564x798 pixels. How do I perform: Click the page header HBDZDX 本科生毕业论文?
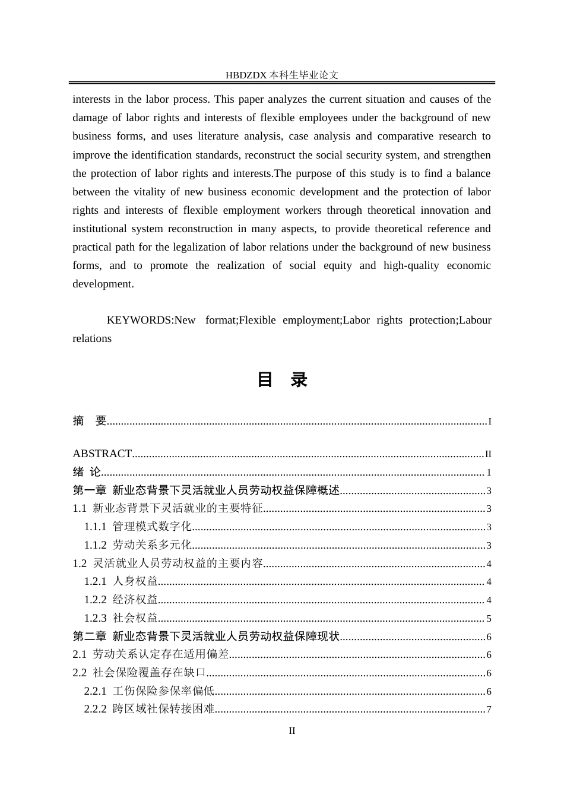(x=282, y=75)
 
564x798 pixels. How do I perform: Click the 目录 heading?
(x=282, y=380)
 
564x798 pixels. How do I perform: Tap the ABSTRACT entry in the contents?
(x=102, y=454)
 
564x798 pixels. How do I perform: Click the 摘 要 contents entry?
(x=90, y=421)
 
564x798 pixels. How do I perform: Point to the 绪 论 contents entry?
(x=87, y=472)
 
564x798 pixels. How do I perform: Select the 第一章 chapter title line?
(x=206, y=490)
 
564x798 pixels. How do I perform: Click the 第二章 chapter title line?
(x=206, y=636)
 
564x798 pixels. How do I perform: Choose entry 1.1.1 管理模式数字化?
(x=138, y=527)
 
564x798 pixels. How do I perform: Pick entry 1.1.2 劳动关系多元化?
(x=138, y=545)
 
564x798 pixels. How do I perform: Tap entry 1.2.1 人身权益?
(x=121, y=581)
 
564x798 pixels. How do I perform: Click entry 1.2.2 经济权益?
(x=121, y=600)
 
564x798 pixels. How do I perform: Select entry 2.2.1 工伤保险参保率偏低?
(x=149, y=691)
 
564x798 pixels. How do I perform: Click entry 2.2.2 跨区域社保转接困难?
(x=149, y=709)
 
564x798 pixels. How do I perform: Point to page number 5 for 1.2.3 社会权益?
(x=489, y=619)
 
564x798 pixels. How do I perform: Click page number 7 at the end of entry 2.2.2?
(x=489, y=710)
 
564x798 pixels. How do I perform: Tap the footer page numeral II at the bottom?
(x=291, y=731)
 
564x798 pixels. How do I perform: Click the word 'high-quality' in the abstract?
(x=411, y=265)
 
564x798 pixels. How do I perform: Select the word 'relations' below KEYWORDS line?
(x=92, y=338)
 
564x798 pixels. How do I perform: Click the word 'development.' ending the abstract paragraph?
(x=103, y=284)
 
